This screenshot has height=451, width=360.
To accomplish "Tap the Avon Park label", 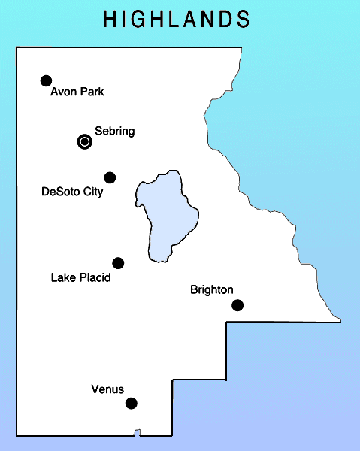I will tap(77, 92).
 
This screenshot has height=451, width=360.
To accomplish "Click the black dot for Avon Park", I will tap(46, 80).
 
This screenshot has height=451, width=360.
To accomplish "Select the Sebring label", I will tap(114, 132).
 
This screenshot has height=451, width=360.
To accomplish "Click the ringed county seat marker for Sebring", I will tap(85, 141).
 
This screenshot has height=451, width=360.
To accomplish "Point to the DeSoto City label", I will tap(72, 192).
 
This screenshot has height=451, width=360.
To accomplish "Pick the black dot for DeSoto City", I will tap(110, 177).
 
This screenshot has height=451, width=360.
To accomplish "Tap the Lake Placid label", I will tap(80, 278).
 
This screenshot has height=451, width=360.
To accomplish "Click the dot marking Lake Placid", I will tap(118, 262).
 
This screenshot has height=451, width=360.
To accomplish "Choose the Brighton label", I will tap(212, 289).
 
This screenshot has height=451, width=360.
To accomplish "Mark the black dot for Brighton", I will tap(237, 304).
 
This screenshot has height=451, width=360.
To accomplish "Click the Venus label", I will tap(107, 389).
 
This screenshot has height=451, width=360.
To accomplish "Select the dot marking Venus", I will tap(132, 403).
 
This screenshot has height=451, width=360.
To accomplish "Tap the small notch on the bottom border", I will tap(137, 432).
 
